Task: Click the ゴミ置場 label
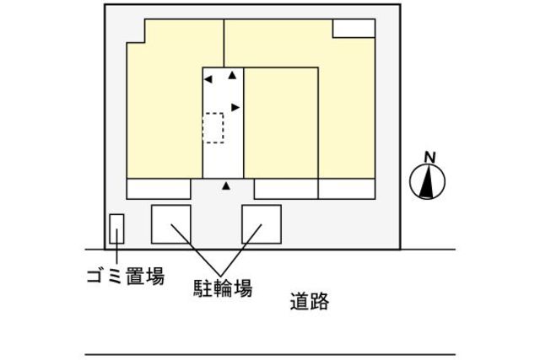coord(125,276)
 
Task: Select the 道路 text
coord(309,301)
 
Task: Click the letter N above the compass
coord(429,157)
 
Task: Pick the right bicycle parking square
coord(262,223)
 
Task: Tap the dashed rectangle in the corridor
coord(213,128)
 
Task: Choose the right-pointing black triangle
coord(235,107)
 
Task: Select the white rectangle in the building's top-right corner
coord(353,28)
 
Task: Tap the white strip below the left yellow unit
coord(159,189)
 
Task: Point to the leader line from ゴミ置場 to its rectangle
coord(116,253)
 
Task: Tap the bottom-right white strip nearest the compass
coord(346,189)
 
